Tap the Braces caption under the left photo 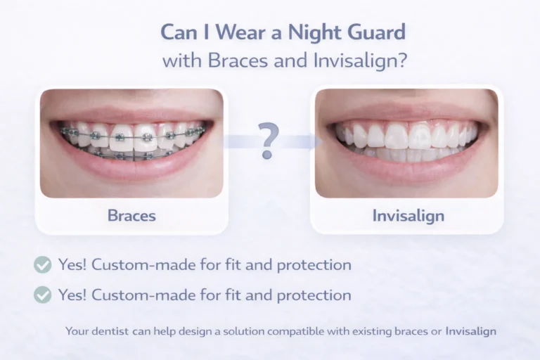pos(131,215)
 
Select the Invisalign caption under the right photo pos(408,215)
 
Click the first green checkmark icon pos(43,265)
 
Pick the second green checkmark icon pos(43,295)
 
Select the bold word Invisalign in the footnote pos(471,330)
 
